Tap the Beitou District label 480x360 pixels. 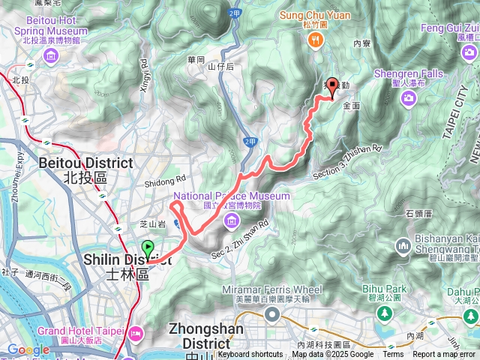pos(75,163)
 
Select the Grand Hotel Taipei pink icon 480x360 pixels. pos(136,331)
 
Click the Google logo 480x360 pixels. pos(28,349)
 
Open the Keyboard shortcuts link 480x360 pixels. pos(250,355)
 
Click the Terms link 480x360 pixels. pos(393,355)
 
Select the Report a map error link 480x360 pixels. pos(445,355)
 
